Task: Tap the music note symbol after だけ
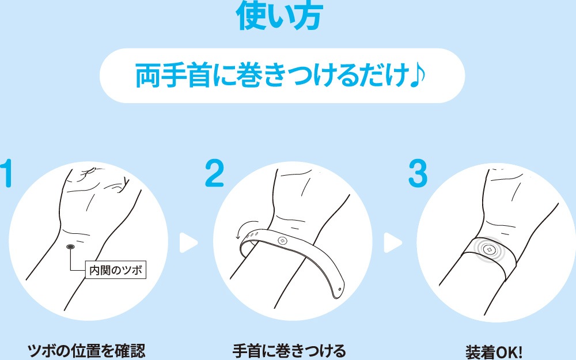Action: pos(417,75)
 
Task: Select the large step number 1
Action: pos(7,173)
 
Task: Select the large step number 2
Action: pos(214,173)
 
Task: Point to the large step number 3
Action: pos(418,173)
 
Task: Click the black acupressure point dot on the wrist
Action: pos(70,247)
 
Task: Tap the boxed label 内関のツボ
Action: pos(116,270)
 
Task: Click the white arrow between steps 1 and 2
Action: pos(188,243)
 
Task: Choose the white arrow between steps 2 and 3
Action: pos(393,243)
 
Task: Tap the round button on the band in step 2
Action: pos(282,241)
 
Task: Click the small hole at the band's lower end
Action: pos(339,290)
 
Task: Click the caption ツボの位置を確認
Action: pos(87,351)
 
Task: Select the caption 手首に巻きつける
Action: pos(289,351)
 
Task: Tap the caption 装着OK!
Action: pos(494,352)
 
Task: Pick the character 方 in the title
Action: pos(308,16)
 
